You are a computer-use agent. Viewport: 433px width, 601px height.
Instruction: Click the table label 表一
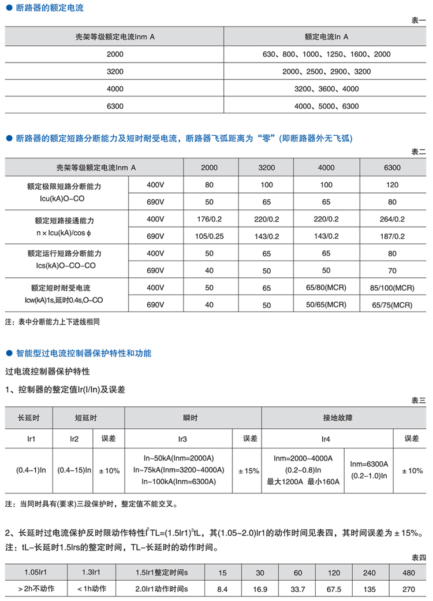pyautogui.click(x=418, y=20)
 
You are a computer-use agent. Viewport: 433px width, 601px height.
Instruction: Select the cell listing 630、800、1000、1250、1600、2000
pyautogui.click(x=326, y=54)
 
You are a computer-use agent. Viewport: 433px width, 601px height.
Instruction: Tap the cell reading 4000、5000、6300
pyautogui.click(x=326, y=106)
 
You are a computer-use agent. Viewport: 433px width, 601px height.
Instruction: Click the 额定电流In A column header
pyautogui.click(x=326, y=36)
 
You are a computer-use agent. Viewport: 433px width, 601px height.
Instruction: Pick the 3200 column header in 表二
pyautogui.click(x=266, y=168)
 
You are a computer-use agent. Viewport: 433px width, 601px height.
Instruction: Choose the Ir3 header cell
pyautogui.click(x=178, y=439)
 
